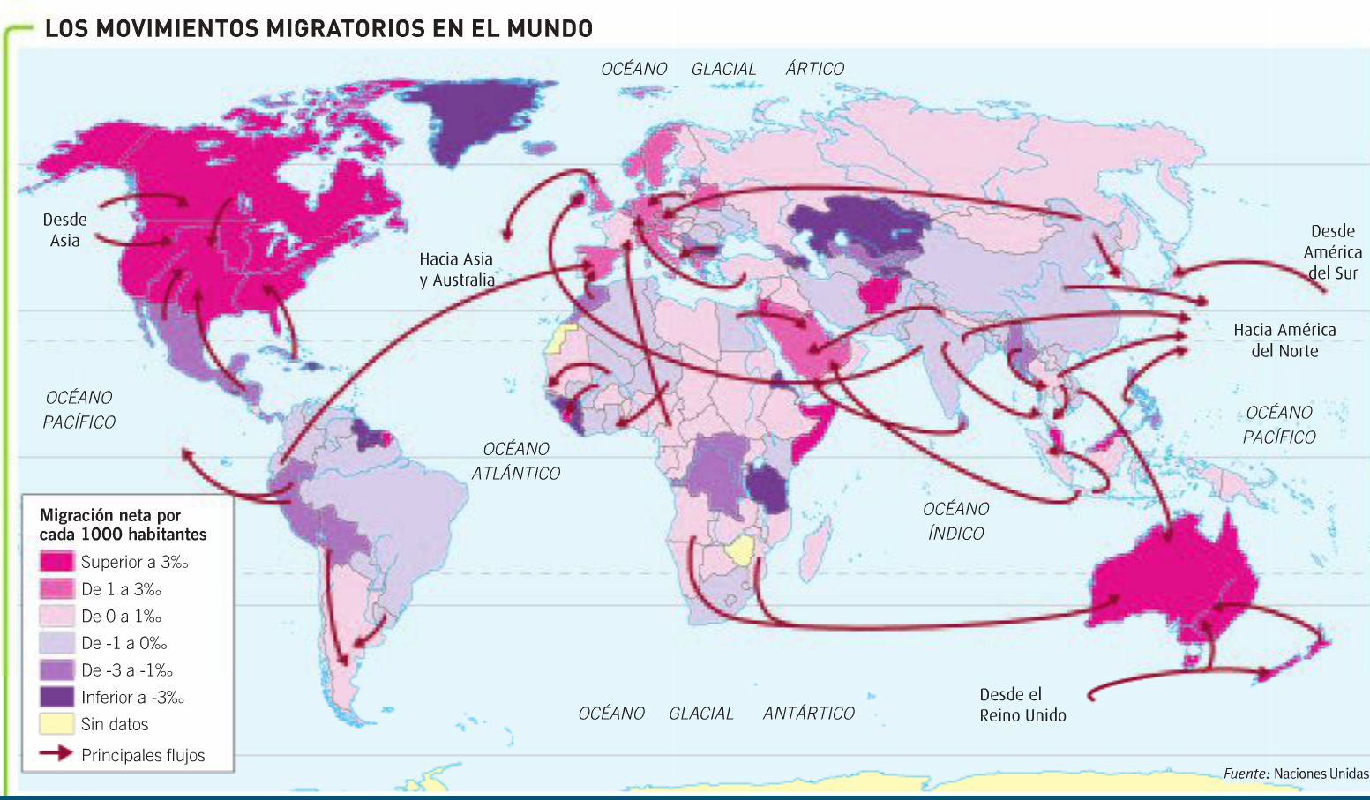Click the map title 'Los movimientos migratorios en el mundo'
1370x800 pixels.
(318, 29)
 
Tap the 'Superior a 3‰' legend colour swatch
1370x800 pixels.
(56, 562)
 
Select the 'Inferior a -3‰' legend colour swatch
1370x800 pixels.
(56, 697)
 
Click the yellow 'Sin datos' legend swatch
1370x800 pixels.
(56, 724)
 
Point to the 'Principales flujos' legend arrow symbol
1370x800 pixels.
(56, 754)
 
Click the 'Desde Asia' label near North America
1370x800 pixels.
(64, 230)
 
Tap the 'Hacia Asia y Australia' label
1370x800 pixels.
(456, 270)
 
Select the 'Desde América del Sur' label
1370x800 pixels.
(1332, 252)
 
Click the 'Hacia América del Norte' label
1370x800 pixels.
(1284, 340)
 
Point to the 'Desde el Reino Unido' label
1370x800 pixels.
(1022, 705)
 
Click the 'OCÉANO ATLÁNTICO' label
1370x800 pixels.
(515, 461)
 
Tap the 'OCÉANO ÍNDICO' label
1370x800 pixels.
(955, 521)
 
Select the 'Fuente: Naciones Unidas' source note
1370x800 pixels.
(1295, 774)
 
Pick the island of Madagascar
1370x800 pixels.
(818, 538)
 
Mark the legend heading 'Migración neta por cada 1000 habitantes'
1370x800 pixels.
(123, 525)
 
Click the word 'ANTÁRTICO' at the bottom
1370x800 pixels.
(808, 714)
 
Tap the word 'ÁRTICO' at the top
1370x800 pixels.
(814, 69)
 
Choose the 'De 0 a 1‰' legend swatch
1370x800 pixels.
(56, 616)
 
